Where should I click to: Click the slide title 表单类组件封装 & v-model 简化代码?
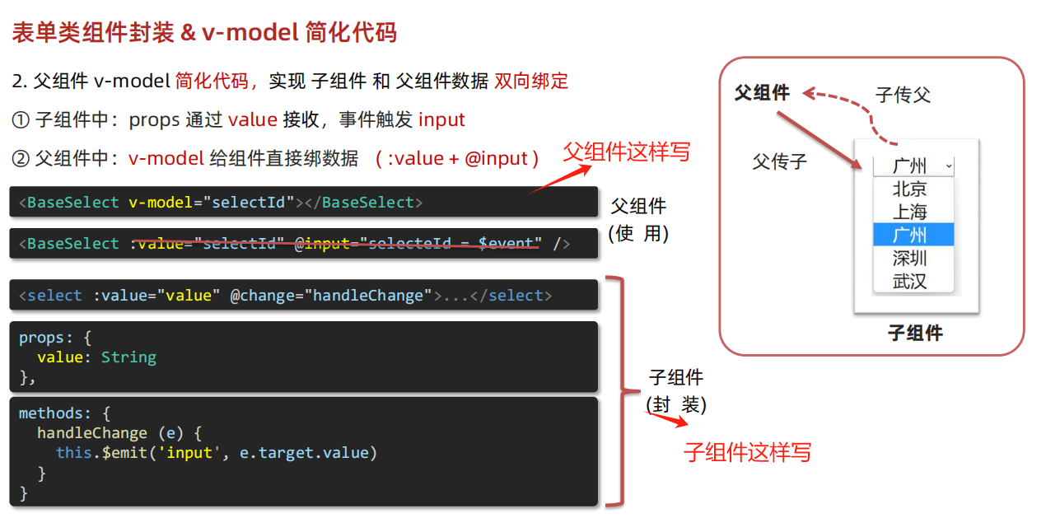[204, 32]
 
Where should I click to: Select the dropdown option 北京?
[909, 189]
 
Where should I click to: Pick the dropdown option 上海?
[909, 212]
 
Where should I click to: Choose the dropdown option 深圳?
[909, 258]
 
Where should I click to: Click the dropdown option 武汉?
[909, 281]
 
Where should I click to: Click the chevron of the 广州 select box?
[949, 166]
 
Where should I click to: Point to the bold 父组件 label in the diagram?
[762, 93]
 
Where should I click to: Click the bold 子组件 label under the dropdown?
[915, 334]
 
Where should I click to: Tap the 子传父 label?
[903, 96]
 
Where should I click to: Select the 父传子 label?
[779, 162]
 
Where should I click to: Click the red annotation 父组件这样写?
[626, 152]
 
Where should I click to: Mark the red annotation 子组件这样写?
[747, 452]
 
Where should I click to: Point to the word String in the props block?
[128, 357]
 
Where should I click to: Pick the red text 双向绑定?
[531, 81]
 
